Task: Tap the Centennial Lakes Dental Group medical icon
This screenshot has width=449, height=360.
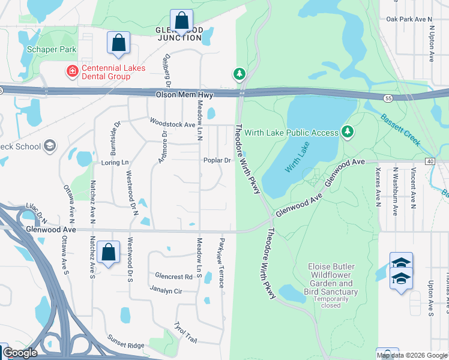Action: [x=72, y=72]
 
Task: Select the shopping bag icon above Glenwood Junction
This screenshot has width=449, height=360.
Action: [x=181, y=21]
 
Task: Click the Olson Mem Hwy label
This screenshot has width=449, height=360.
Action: [x=181, y=95]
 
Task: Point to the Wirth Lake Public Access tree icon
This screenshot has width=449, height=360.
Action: [x=347, y=131]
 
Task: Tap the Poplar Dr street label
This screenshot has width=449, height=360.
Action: [x=217, y=161]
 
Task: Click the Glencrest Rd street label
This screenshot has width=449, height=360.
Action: [x=173, y=277]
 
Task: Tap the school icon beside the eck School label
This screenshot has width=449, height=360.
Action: [x=50, y=146]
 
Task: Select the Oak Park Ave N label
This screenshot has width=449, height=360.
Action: [x=410, y=19]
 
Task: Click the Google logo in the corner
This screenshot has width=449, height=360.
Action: [x=20, y=353]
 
